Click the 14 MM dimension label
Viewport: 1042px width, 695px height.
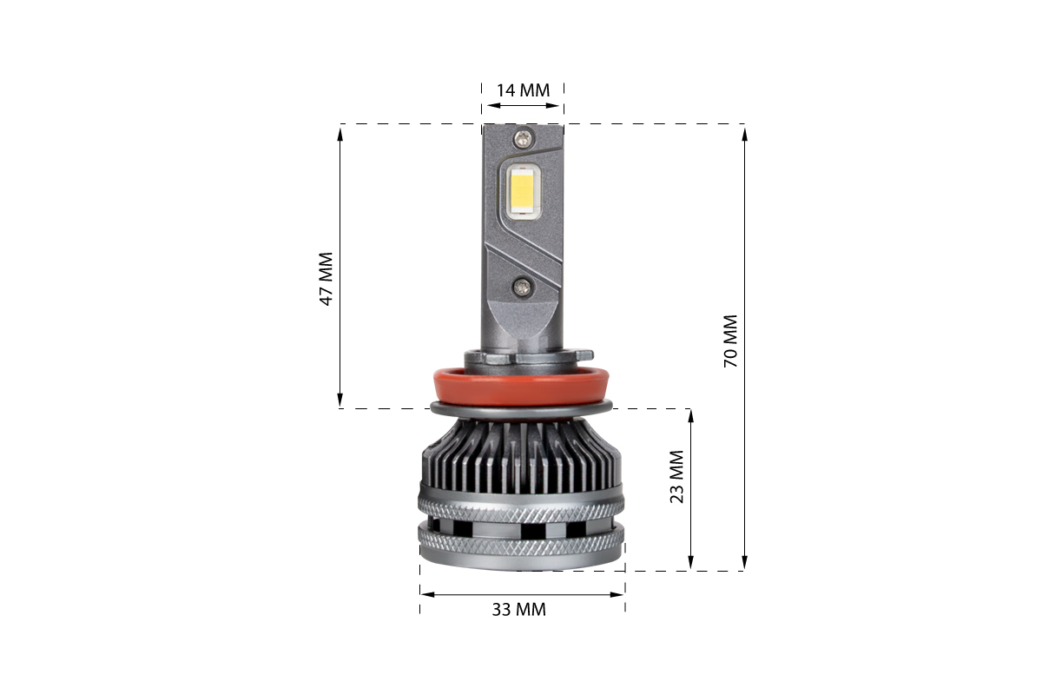(523, 90)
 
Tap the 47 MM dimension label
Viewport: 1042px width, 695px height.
(326, 279)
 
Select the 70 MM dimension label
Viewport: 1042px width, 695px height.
(730, 341)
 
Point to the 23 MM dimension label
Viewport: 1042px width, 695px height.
(676, 477)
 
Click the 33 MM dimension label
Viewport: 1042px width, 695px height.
(518, 609)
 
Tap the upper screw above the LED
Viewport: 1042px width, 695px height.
(524, 138)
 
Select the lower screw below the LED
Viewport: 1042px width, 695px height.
(522, 287)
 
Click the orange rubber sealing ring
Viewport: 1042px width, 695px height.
(521, 387)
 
